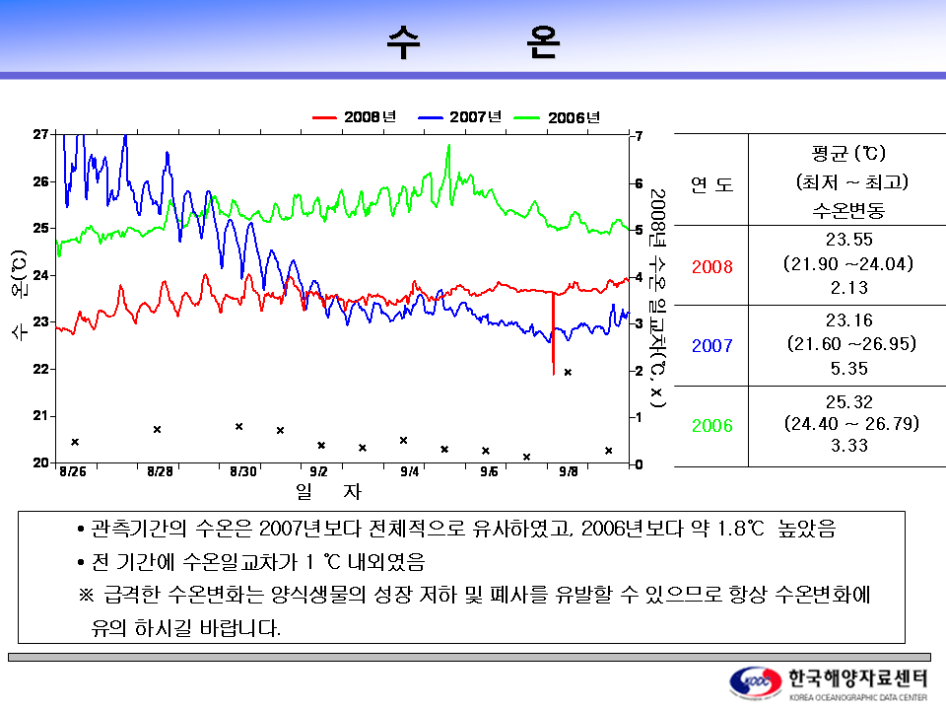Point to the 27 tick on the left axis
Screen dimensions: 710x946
click(41, 133)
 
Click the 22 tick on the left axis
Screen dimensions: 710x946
click(41, 369)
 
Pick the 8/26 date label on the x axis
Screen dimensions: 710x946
click(72, 472)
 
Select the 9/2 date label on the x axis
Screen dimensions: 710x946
click(318, 472)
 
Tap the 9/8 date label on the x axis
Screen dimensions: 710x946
click(568, 472)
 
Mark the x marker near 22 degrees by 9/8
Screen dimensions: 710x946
click(568, 372)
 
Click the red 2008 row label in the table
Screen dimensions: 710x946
click(711, 266)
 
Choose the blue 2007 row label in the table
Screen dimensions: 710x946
click(711, 346)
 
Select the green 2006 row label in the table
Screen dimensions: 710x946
click(711, 426)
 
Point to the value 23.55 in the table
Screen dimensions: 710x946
click(848, 240)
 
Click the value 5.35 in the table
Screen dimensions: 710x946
click(848, 368)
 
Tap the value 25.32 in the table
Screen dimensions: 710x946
click(848, 401)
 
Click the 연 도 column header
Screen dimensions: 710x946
click(711, 183)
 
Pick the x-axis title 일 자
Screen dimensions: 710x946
click(328, 490)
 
